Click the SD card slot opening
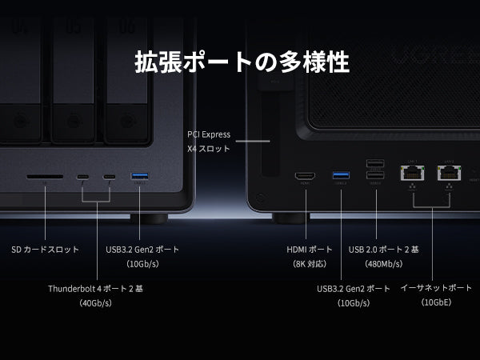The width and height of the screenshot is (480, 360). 45,177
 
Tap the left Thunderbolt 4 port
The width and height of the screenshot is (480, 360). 82,177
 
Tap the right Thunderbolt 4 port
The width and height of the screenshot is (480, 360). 110,177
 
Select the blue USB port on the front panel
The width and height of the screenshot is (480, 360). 139,176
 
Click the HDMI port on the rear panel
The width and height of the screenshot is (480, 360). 305,176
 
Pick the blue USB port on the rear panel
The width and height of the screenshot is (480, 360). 341,175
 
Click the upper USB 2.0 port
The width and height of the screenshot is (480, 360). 375,163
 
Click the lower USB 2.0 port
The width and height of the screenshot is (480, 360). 375,175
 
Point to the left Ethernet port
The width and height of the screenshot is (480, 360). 412,173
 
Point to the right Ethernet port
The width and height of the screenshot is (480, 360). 449,173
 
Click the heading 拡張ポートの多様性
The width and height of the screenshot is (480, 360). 242,62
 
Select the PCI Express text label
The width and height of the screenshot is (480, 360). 209,134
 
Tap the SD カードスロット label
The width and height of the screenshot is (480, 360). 46,250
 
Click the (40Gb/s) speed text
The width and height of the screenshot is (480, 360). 95,303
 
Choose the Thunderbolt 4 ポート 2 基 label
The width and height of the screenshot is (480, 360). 95,289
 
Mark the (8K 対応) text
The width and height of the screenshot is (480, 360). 310,264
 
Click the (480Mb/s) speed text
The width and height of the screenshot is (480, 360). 383,264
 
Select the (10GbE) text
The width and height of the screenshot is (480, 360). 436,302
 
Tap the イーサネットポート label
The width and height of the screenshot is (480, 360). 436,288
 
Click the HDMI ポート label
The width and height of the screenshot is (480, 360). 310,250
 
